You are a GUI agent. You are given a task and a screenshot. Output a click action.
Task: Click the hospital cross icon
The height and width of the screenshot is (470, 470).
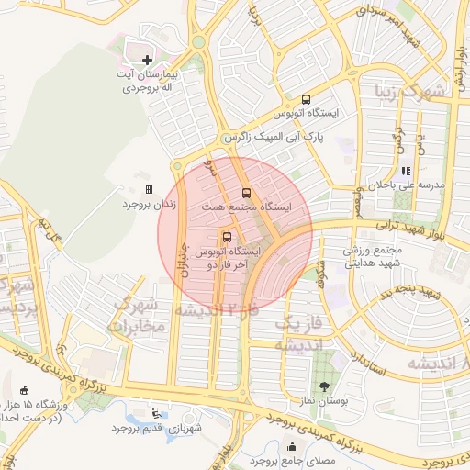[148, 60]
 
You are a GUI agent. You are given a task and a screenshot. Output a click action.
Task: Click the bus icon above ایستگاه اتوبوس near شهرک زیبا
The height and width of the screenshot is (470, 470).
[306, 99]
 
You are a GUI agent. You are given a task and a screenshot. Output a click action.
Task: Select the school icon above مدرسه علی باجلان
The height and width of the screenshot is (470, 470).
[406, 170]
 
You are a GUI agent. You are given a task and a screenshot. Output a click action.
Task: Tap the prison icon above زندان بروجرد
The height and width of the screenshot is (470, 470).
[149, 189]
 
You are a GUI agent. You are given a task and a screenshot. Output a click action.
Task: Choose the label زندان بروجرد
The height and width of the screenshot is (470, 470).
[141, 204]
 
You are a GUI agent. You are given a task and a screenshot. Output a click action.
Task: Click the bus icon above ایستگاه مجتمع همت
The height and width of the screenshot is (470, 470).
[245, 193]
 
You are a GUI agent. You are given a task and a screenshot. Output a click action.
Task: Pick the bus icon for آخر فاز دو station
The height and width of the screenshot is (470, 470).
[227, 236]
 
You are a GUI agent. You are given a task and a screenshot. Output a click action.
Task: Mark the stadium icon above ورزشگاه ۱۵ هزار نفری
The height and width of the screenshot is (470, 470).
[23, 390]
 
